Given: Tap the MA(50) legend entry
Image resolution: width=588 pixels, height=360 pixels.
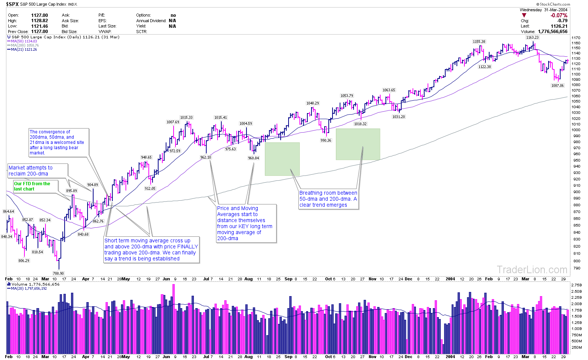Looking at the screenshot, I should pos(24,41).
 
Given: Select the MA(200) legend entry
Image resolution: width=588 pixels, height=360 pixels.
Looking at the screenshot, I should pos(24,45).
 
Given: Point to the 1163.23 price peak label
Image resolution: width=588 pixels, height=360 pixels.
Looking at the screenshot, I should pos(532,38).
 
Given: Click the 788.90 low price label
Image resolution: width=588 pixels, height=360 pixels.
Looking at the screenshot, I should pos(58,274).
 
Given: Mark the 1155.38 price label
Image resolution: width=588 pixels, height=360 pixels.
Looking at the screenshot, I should pos(479,42).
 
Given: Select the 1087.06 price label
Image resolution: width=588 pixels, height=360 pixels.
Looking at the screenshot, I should pos(557,86).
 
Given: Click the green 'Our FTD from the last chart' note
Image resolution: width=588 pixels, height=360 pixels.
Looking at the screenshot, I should pos(32,186).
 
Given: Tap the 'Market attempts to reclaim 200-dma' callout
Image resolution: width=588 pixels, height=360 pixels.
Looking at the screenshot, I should pos(38,171).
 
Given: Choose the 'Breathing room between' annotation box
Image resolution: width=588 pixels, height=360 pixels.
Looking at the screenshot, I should pos(328,199).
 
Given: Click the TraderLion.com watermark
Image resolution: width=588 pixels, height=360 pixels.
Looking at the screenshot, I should pos(532,269).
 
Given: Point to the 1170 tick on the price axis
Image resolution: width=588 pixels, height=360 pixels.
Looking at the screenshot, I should pos(576,38).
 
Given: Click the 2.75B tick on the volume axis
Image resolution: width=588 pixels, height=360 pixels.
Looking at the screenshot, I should pos(576,286).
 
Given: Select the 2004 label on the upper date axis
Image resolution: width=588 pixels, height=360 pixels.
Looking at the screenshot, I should pos(450,279).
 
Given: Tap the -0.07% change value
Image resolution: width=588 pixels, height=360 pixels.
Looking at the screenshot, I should pos(559,15).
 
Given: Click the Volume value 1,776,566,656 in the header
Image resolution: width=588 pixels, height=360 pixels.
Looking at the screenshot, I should pos(552,32).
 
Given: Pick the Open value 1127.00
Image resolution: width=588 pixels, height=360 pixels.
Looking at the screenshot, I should pos(39,15).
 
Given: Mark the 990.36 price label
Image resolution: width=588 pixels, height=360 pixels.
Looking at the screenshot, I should pos(326,140).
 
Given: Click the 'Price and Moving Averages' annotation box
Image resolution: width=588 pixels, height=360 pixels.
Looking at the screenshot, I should pos(246,223).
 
